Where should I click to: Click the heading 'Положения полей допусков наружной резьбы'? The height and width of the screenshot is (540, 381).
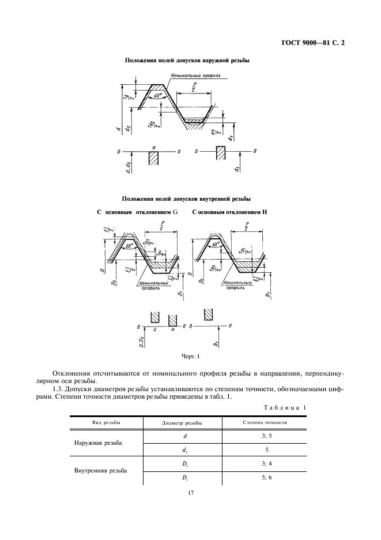(x=187, y=60)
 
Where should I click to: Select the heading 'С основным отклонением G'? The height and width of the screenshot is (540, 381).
(x=137, y=212)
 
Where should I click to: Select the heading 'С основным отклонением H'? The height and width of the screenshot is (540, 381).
(x=229, y=212)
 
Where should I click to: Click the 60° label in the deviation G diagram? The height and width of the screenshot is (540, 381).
(x=134, y=245)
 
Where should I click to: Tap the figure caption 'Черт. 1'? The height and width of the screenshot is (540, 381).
(x=190, y=357)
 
